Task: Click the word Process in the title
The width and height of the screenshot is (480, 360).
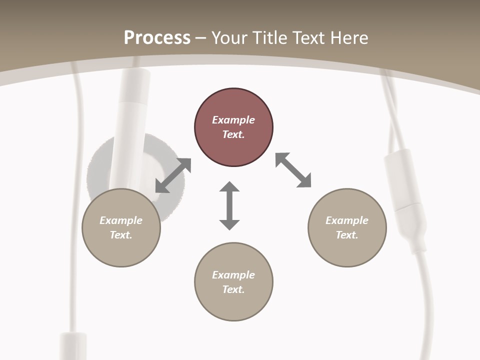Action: coord(157,38)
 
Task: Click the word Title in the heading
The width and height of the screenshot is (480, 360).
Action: coord(270,38)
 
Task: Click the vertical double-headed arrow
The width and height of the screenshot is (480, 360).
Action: coord(229,205)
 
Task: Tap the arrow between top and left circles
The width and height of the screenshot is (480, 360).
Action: coord(173,175)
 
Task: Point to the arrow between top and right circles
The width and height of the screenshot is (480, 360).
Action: coord(293,170)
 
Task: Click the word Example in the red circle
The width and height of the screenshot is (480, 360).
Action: coord(233,120)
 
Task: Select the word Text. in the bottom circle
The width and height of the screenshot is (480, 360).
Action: coord(233,289)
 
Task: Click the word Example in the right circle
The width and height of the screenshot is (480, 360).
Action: coord(347,220)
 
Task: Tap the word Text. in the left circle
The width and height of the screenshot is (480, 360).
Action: coord(121,235)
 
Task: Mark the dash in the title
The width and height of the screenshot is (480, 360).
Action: coord(201,38)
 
